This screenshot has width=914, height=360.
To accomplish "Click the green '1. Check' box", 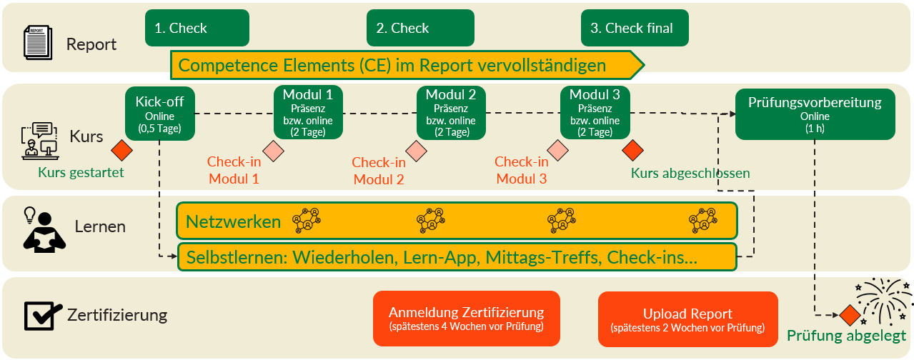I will pos(197,29).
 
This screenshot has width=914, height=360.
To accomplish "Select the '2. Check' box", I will pos(420,29).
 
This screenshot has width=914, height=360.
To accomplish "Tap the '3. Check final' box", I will pos(635,29).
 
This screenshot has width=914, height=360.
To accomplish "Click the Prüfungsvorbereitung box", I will pos(815,114).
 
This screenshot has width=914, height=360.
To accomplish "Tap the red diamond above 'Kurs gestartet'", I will pos(122,151).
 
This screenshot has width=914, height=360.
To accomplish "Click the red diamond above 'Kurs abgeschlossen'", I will pos(632,151).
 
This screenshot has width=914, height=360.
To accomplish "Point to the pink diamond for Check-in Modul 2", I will pos(416,151).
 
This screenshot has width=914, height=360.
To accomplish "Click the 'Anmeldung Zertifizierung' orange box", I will pos(466,319).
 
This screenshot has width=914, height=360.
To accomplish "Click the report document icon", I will pos(37,43).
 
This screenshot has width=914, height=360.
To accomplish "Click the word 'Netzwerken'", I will pos(233,222).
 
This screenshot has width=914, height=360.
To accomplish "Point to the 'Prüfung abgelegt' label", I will pos(846,336).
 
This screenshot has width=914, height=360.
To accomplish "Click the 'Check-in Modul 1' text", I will pos(234,171).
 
